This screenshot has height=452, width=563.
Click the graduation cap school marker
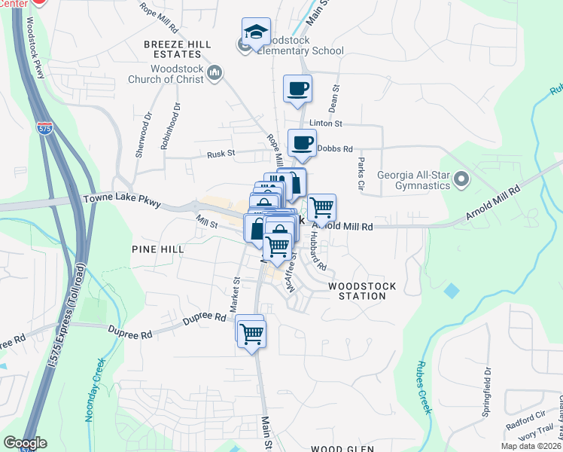(x=256, y=33)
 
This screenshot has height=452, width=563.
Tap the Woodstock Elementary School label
(x=300, y=44)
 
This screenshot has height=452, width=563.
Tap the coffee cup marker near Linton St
(x=297, y=87)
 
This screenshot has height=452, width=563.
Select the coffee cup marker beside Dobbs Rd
(x=303, y=142)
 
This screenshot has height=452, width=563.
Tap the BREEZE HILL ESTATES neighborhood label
(x=178, y=50)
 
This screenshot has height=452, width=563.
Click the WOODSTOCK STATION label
(x=357, y=291)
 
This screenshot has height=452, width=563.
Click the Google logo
(x=24, y=443)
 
